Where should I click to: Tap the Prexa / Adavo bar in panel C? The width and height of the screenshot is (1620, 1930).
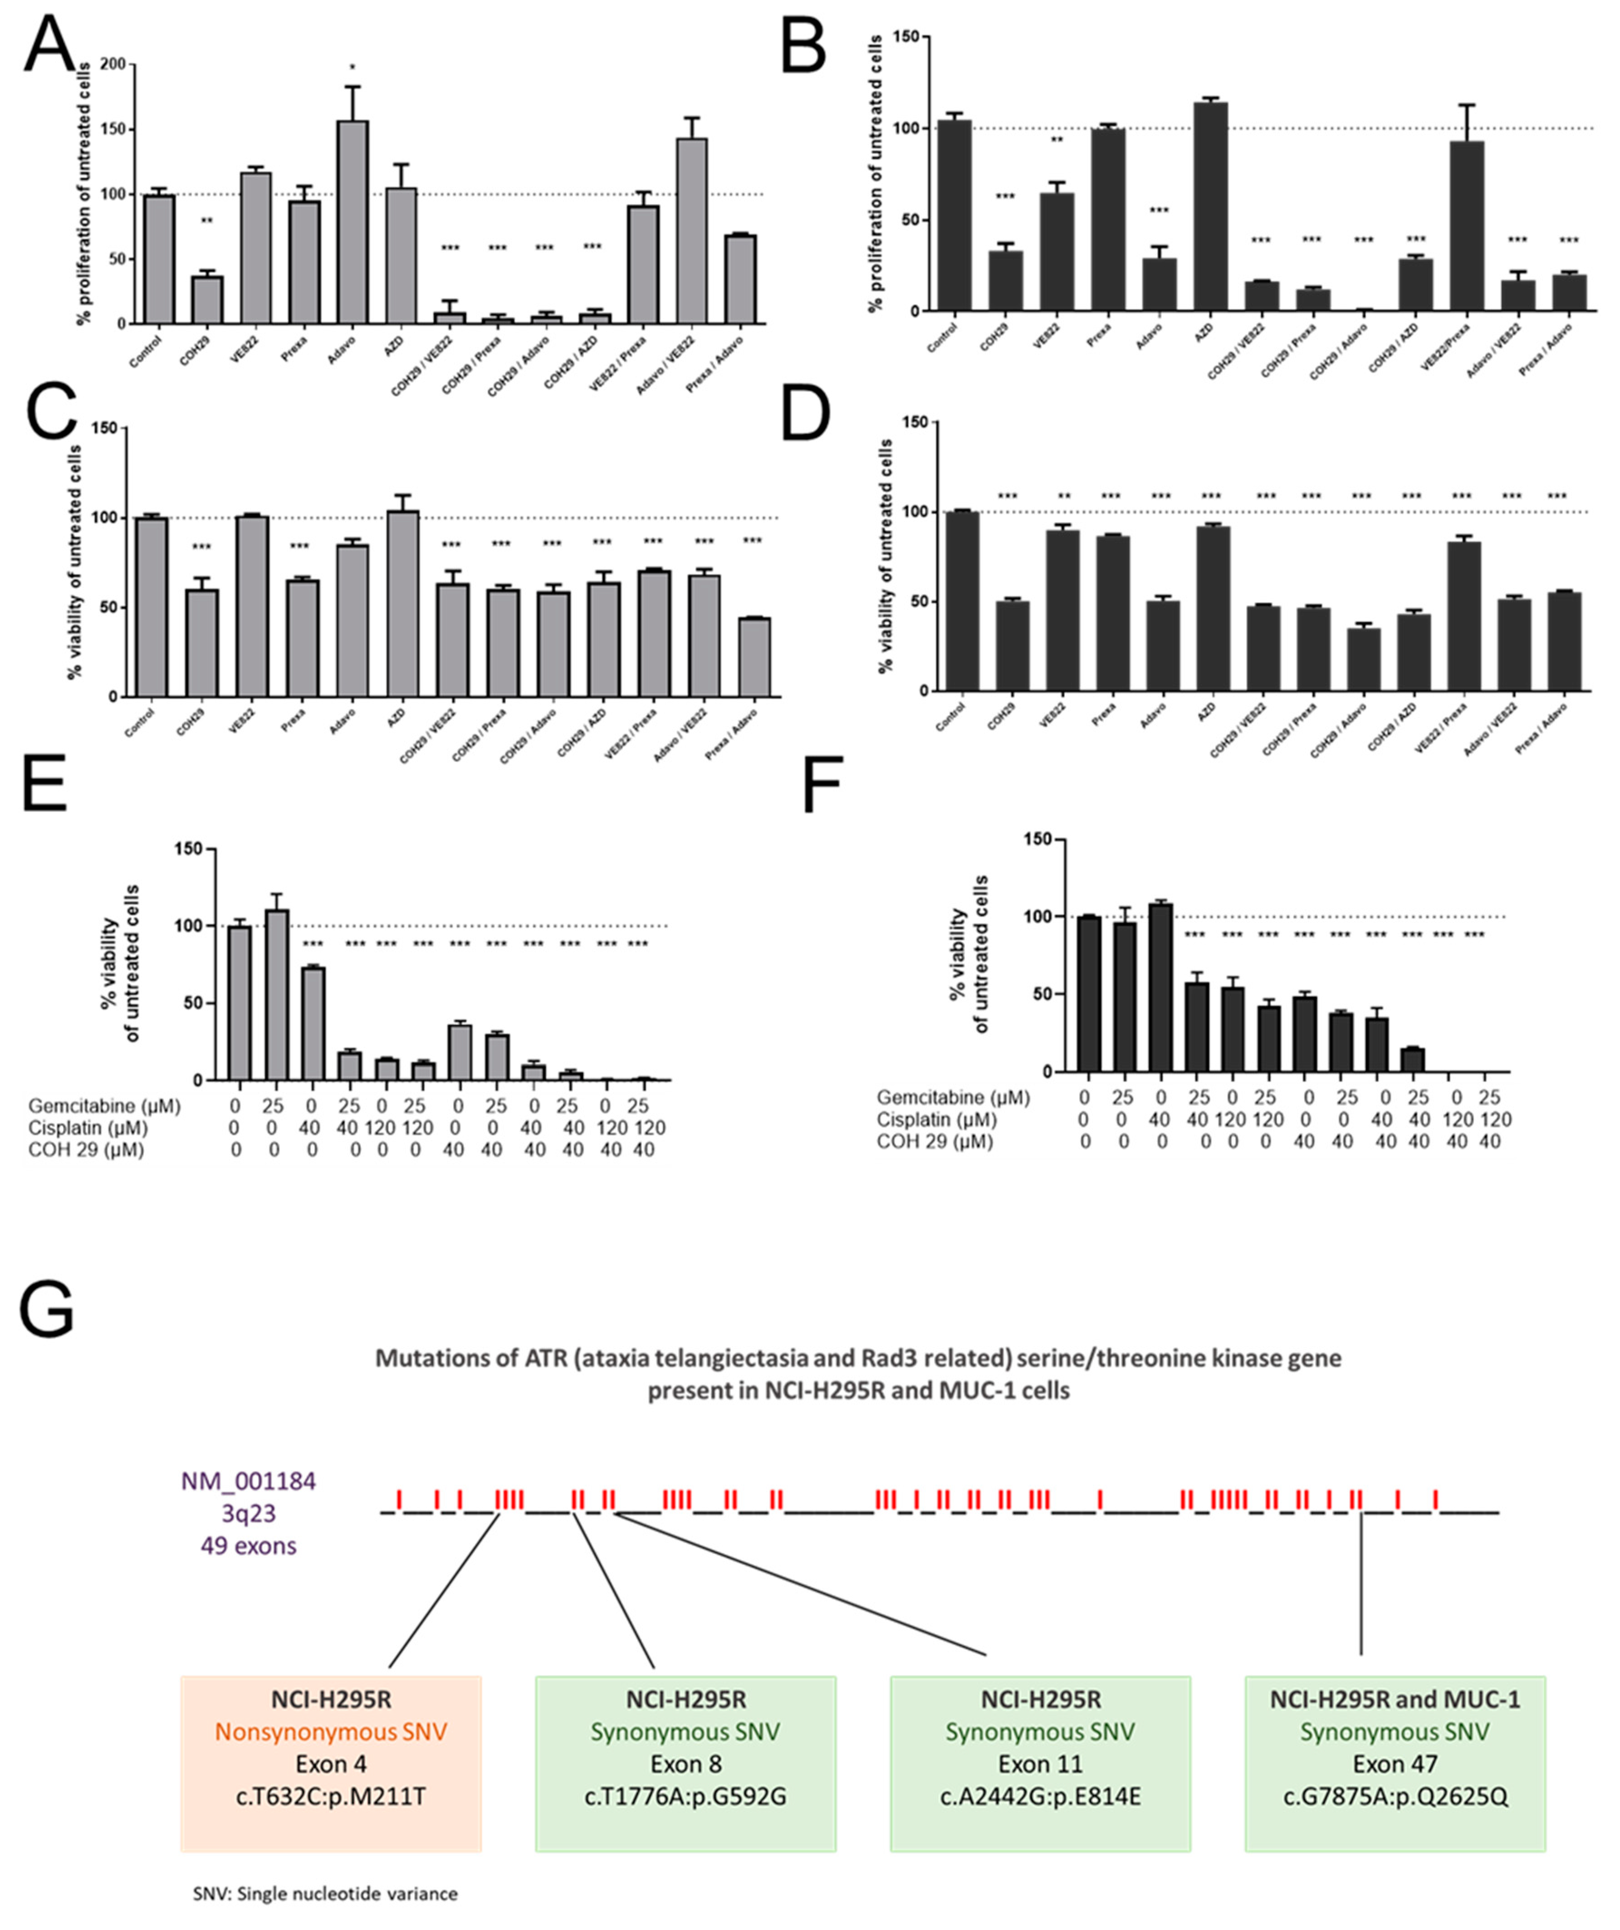click(754, 657)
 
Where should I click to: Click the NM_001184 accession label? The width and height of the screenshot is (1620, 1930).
click(248, 1481)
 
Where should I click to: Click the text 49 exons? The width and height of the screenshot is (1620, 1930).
click(248, 1546)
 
